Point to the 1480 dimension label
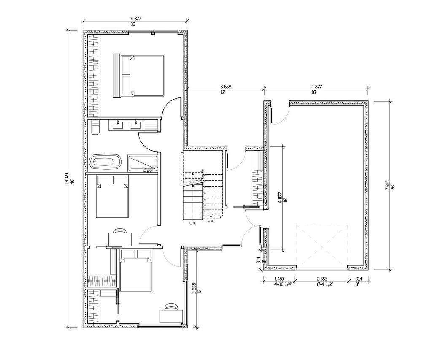click(279, 279)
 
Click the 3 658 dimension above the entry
click(225, 87)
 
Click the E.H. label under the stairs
click(193, 222)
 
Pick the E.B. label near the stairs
click(211, 221)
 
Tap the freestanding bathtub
click(105, 162)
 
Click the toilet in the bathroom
click(95, 127)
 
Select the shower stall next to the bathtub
click(142, 163)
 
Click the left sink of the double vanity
click(118, 125)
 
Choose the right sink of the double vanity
click(136, 125)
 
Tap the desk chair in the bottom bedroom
click(171, 307)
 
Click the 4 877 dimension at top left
click(135, 19)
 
